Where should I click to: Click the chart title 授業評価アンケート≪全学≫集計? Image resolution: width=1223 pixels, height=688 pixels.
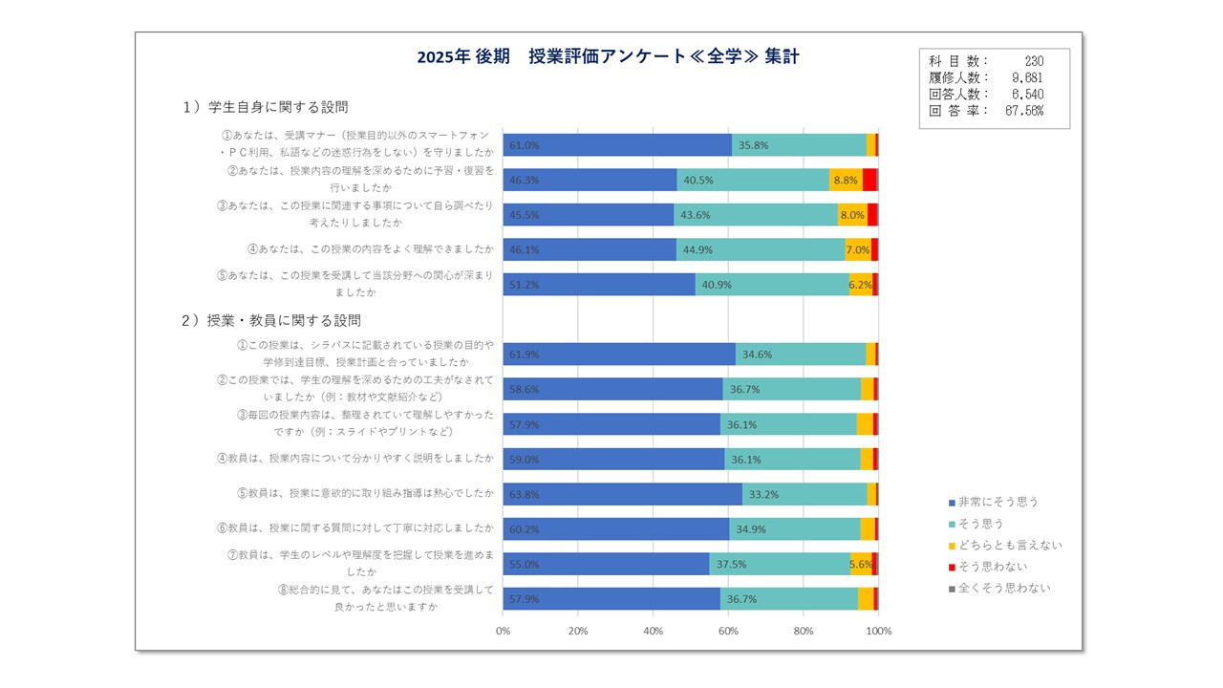point(608,57)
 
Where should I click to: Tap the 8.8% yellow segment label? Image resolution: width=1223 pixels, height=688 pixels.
point(845,181)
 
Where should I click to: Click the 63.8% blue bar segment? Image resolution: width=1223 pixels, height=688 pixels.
point(622,494)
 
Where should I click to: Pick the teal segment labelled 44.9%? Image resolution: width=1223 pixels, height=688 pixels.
point(761,250)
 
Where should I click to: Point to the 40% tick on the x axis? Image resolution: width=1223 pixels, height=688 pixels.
point(654,632)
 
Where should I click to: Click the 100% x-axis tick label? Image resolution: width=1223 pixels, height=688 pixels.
point(878,632)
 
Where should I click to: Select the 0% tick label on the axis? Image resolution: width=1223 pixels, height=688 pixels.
point(504,632)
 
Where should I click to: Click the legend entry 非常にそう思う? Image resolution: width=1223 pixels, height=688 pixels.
point(998,502)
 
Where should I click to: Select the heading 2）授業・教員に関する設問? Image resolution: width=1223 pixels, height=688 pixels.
point(271,320)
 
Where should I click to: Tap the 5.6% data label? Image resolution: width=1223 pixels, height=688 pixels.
point(861,564)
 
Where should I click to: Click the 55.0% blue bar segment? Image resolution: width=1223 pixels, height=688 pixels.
point(606,564)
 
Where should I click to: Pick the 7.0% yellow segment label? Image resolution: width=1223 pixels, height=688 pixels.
point(857,250)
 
